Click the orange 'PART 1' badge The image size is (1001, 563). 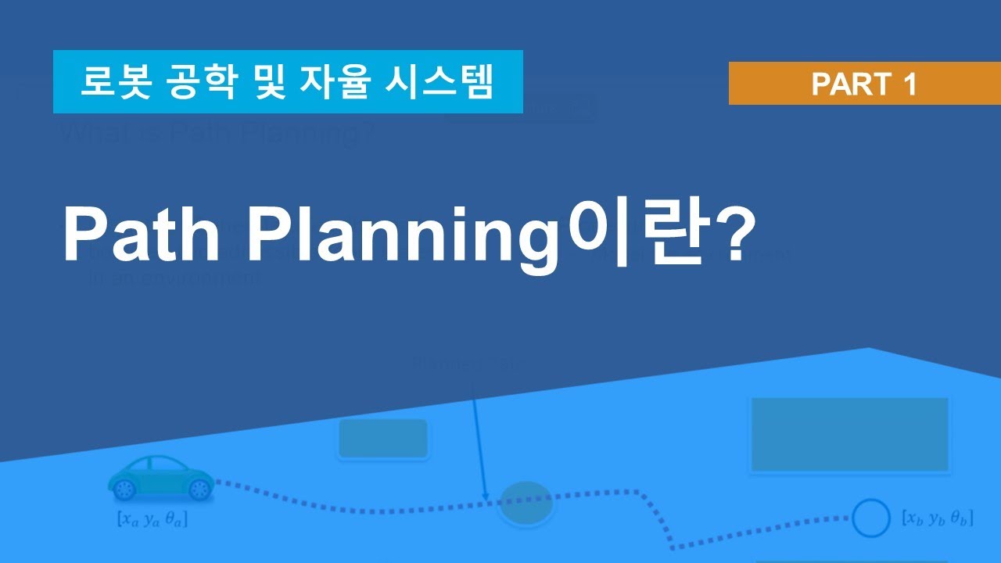[864, 83]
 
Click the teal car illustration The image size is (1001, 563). [160, 477]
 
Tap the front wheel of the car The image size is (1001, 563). [199, 489]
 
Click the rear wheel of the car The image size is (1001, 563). [125, 489]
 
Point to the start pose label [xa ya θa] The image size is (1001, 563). [152, 518]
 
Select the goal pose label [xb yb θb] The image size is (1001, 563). [937, 518]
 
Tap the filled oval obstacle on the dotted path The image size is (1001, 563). [526, 503]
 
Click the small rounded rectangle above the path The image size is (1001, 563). [383, 439]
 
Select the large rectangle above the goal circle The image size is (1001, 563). [849, 435]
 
